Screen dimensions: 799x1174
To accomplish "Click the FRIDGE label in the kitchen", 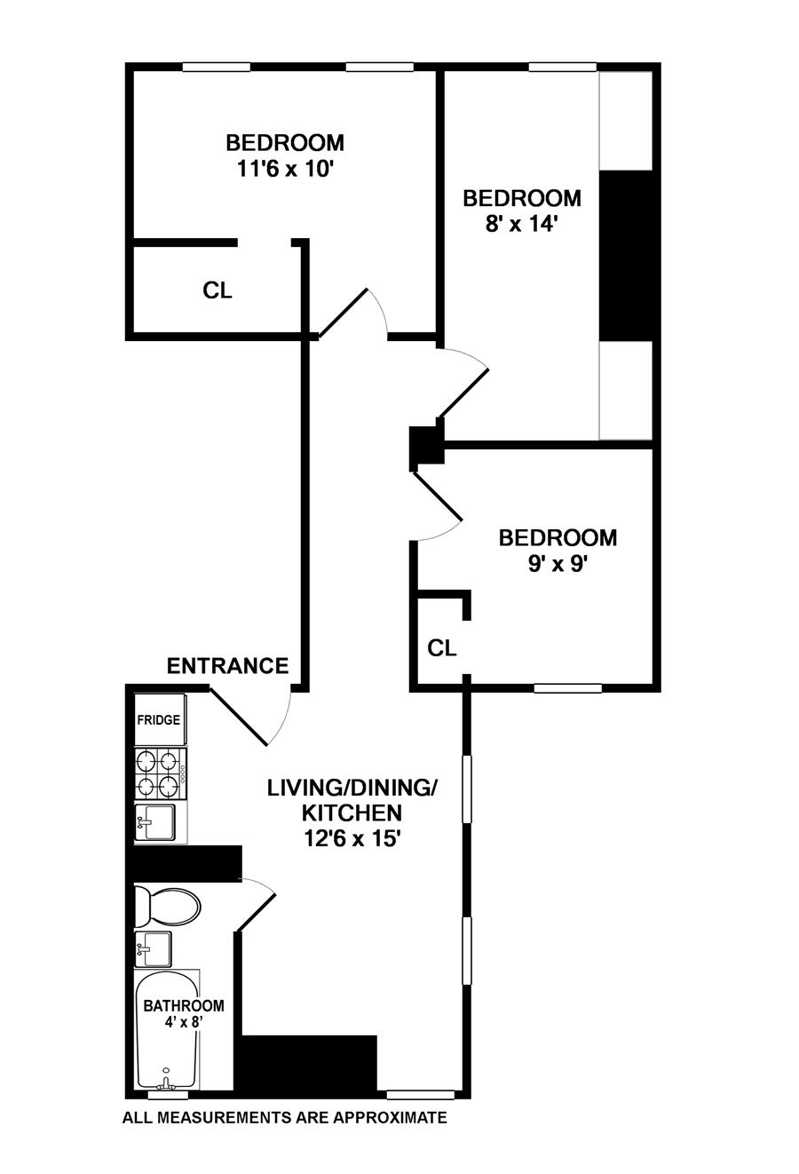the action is [159, 719].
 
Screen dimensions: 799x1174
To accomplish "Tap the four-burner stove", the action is [161, 773].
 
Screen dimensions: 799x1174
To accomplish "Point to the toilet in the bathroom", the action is [167, 907].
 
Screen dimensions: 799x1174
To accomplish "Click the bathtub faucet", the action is [165, 1081].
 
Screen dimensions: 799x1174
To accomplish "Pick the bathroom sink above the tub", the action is [154, 948].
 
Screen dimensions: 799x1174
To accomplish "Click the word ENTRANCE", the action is [228, 666].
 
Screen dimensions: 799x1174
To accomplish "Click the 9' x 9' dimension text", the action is [558, 564].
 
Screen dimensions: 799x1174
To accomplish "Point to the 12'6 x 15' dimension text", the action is [352, 838].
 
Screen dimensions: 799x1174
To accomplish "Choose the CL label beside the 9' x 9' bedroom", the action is [442, 648].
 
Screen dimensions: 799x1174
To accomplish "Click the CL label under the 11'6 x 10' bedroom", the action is [218, 290].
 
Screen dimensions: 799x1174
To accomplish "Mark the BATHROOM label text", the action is [184, 1005].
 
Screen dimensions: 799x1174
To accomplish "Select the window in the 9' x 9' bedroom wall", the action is [568, 687].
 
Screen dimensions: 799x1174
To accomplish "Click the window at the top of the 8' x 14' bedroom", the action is [563, 67].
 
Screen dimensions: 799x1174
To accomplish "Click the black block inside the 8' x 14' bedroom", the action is [626, 255].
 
